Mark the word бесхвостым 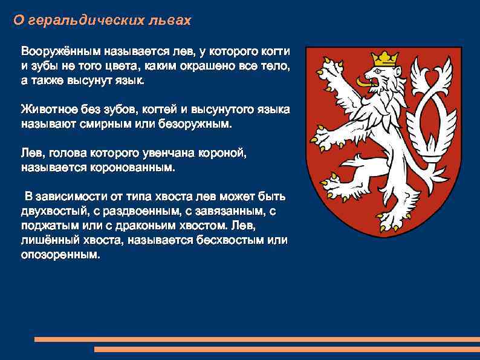pos(218,240)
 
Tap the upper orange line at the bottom pos(256,339)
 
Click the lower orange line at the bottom pos(287,349)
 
